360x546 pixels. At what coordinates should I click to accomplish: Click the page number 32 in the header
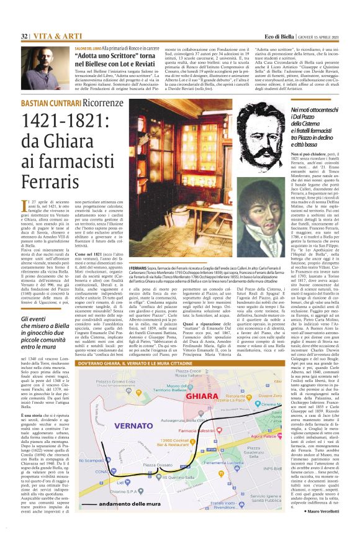tap(24, 36)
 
